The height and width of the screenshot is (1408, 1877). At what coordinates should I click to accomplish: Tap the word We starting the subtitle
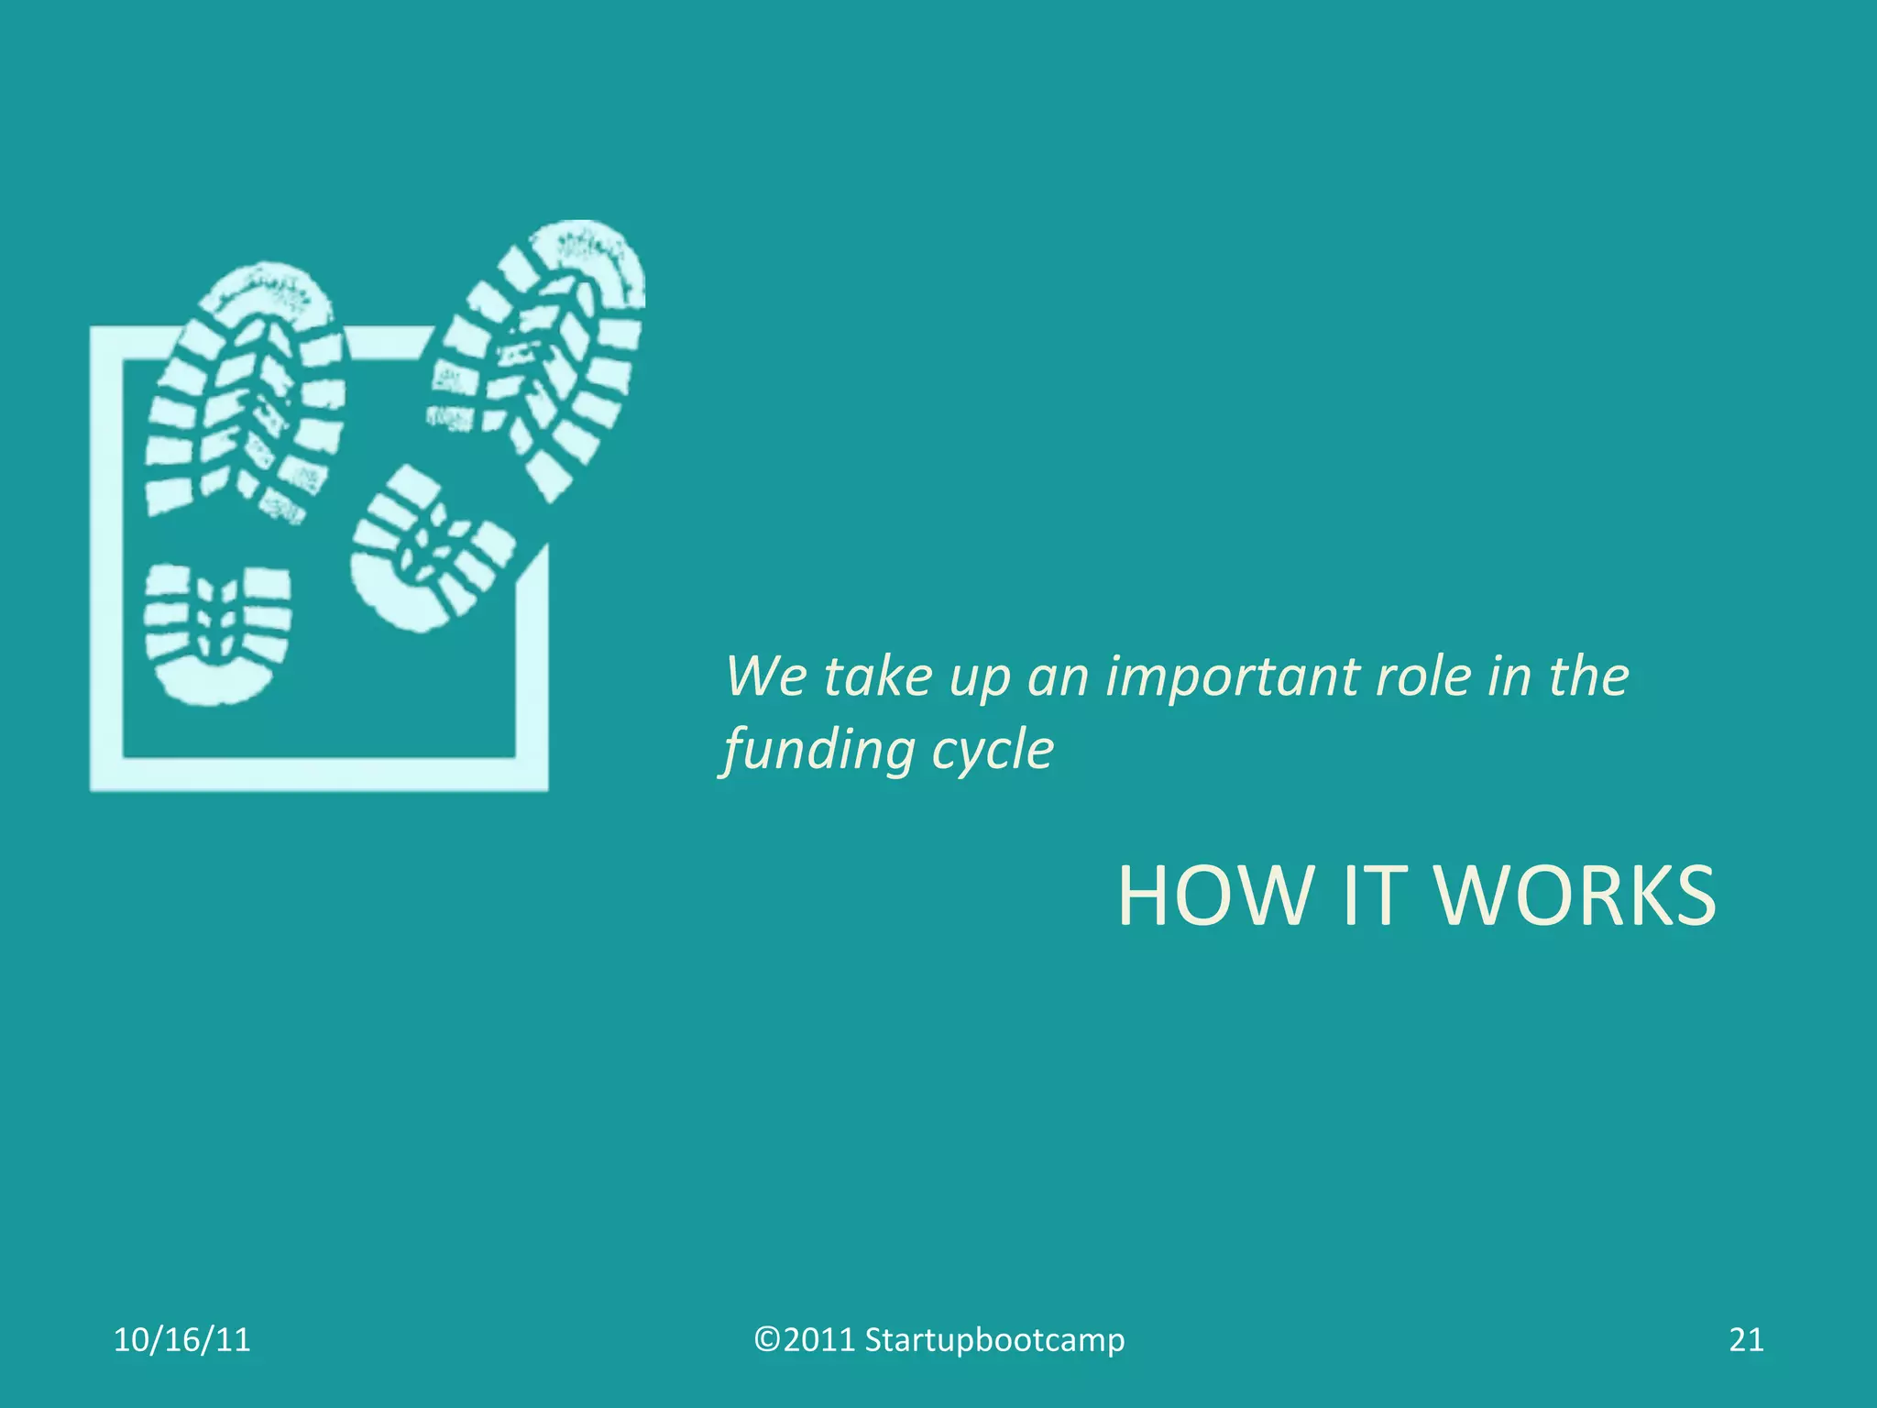(x=766, y=677)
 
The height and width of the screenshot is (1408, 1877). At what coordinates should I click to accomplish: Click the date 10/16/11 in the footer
(x=181, y=1340)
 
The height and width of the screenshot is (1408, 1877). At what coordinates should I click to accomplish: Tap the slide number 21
(x=1746, y=1340)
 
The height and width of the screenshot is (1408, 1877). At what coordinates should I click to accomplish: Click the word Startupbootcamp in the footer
(x=994, y=1340)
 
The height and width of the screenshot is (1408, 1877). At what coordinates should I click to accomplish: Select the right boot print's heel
(x=425, y=550)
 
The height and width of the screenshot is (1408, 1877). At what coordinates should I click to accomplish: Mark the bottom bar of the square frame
(x=319, y=775)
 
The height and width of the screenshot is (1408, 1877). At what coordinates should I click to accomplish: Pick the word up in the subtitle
(x=979, y=677)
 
